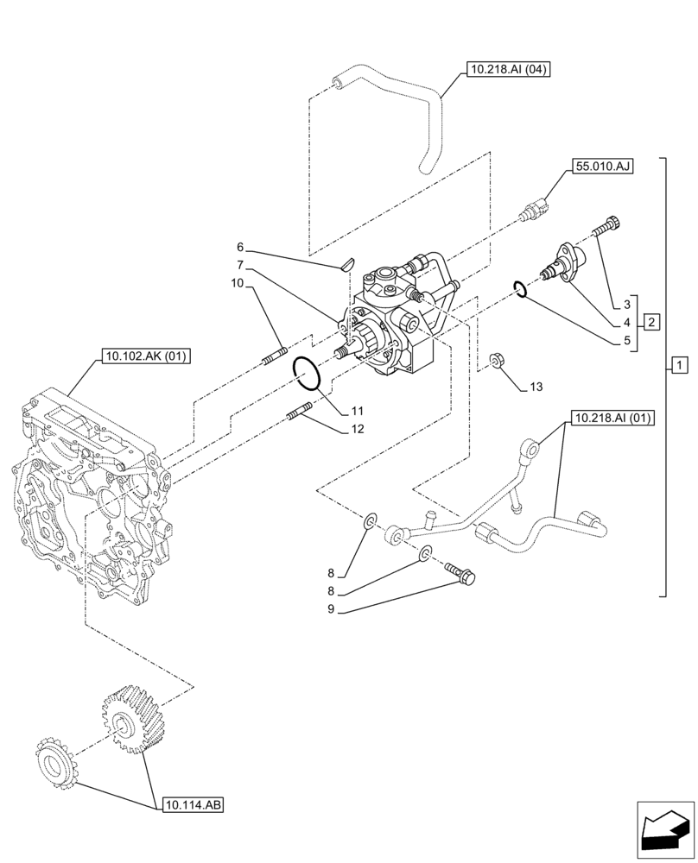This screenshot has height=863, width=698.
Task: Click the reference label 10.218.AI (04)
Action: [x=508, y=70]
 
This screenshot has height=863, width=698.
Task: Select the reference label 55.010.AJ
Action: [x=601, y=166]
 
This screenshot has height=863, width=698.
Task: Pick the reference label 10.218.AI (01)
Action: [x=610, y=419]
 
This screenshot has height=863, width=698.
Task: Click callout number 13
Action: [x=536, y=387]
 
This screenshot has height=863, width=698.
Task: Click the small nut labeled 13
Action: [x=497, y=360]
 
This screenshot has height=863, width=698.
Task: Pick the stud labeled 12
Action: [x=301, y=414]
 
